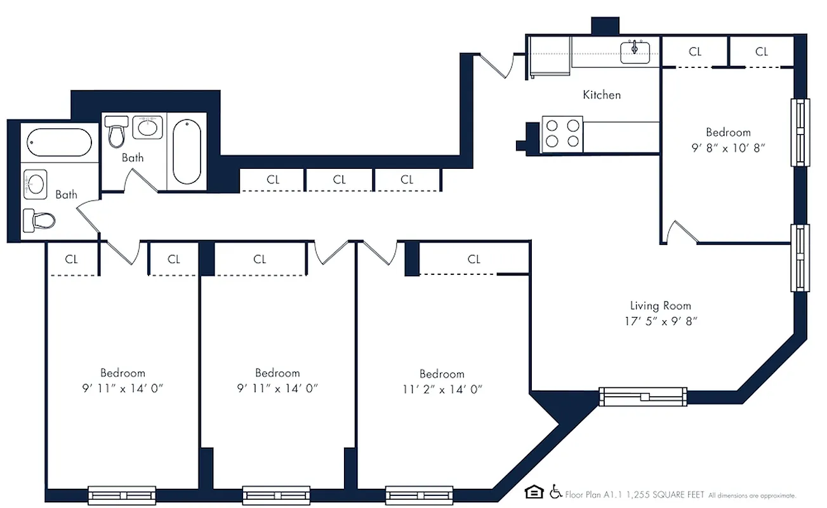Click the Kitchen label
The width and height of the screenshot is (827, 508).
point(602,95)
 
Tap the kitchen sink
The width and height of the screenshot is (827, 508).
point(635,50)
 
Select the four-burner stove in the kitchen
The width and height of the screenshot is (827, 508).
point(563,134)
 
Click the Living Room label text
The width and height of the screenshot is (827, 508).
point(660,305)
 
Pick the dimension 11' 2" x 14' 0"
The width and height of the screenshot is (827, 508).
point(442,390)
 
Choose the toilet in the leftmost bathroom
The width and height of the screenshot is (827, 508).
point(39,221)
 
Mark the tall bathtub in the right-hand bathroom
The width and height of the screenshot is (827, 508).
point(187,151)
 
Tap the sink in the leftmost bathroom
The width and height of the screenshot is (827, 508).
point(36,184)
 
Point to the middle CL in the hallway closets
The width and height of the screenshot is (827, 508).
point(340,180)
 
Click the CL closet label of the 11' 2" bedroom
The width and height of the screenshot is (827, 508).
point(474,259)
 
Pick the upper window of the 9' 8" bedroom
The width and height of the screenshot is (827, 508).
point(800,133)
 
